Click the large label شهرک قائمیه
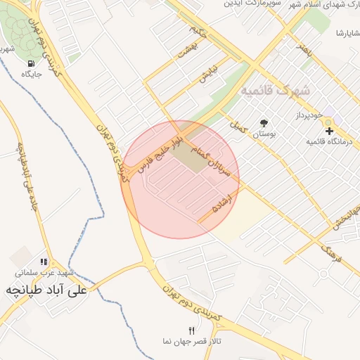tap(274, 91)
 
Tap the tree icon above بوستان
tap(264, 122)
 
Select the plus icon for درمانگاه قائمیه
tap(328, 131)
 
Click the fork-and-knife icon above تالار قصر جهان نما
tap(191, 330)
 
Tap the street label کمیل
tap(236, 126)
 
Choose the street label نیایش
tap(207, 74)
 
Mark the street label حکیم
tap(198, 31)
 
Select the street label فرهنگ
tap(330, 252)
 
